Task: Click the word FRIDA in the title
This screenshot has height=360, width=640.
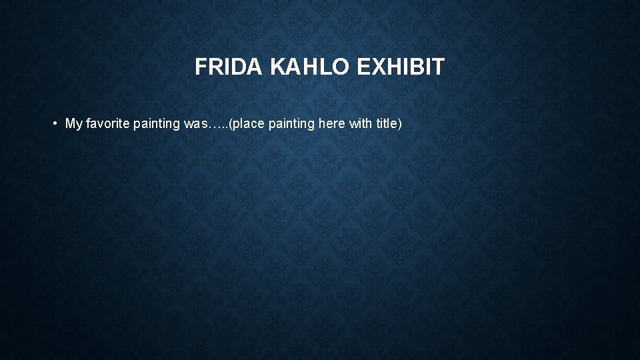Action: (x=229, y=67)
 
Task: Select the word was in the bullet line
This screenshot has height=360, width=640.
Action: (x=193, y=124)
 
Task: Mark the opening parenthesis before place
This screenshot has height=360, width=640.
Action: (x=230, y=124)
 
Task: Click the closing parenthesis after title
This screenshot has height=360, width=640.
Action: (x=400, y=124)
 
